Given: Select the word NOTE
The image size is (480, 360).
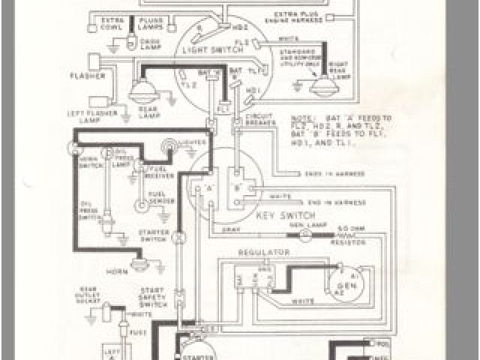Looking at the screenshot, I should (x=299, y=118).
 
